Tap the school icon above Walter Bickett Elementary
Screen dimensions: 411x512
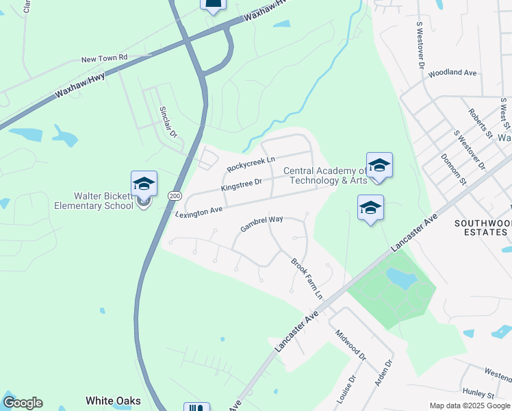tap(144, 184)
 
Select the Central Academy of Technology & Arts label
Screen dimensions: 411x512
tap(326, 176)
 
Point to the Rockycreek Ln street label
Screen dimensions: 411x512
tap(251, 163)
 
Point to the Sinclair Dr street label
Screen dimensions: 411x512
tap(168, 122)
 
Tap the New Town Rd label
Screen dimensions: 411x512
tap(105, 59)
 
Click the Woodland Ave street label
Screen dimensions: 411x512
tap(452, 72)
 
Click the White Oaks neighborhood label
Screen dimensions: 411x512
tap(113, 401)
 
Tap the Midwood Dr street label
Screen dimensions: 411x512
tap(351, 345)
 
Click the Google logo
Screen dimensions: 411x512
tap(23, 403)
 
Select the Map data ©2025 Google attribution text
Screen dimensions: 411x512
tap(470, 406)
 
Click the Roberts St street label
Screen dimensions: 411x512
tap(481, 123)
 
